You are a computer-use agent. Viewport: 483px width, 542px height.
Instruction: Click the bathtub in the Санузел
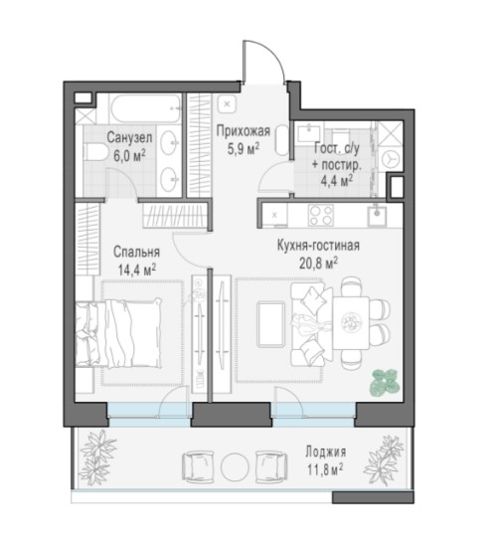[145, 108]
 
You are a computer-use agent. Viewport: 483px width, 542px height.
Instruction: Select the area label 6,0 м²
[129, 156]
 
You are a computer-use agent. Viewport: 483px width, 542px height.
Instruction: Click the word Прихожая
[242, 131]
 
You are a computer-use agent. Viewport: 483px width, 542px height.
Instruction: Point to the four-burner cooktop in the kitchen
[321, 215]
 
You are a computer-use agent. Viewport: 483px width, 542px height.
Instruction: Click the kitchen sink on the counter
[377, 215]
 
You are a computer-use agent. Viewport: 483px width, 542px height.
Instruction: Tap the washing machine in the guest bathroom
[391, 159]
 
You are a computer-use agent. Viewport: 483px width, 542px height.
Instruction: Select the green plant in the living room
[386, 382]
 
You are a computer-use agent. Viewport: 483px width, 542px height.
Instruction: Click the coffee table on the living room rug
[271, 324]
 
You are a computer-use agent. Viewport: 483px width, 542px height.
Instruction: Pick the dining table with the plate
[351, 323]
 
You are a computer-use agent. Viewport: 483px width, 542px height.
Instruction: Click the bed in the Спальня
[118, 333]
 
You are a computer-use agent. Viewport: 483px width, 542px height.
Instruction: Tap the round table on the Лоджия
[235, 466]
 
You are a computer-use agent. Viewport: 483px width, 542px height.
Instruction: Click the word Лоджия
[325, 452]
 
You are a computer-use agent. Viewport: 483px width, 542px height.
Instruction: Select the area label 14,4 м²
[137, 270]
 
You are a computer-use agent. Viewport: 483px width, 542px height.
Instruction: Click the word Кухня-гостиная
[318, 246]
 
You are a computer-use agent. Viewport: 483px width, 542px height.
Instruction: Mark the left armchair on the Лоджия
[198, 466]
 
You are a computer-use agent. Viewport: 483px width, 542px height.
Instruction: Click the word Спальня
[137, 252]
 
